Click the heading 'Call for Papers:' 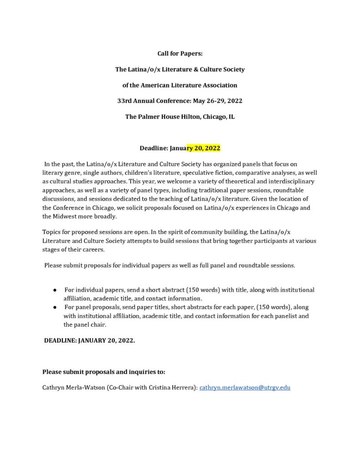[x=180, y=54]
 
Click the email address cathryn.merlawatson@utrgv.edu [x=245, y=388]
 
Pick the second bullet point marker [x=55, y=308]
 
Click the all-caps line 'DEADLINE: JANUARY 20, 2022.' [x=89, y=340]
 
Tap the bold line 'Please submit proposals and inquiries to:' [x=104, y=372]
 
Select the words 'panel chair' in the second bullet [x=90, y=324]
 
